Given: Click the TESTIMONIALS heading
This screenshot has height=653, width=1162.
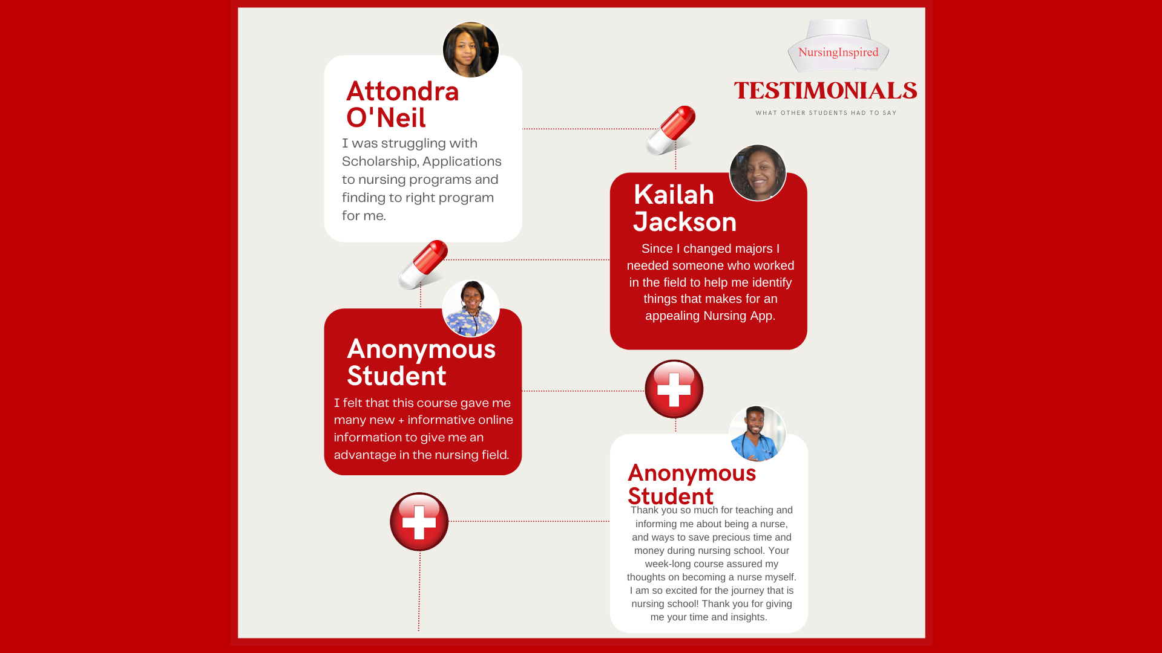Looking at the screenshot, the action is pyautogui.click(x=826, y=91).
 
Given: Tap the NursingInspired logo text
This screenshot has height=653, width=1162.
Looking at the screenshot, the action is pyautogui.click(x=838, y=53).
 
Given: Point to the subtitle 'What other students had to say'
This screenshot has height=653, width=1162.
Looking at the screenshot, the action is pyautogui.click(x=826, y=113).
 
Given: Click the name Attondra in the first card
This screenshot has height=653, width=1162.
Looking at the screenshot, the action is pyautogui.click(x=402, y=91).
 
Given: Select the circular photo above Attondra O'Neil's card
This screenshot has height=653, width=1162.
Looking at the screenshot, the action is pyautogui.click(x=471, y=50).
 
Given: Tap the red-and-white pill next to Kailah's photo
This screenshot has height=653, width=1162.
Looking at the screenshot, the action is pyautogui.click(x=671, y=130).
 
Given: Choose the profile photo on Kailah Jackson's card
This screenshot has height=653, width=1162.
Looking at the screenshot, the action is pyautogui.click(x=758, y=173).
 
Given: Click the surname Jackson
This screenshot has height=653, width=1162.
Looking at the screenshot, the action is pyautogui.click(x=685, y=222).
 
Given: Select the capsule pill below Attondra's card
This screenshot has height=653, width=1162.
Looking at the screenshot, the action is pyautogui.click(x=423, y=265).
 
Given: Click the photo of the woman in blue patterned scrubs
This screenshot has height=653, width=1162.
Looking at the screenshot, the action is pyautogui.click(x=471, y=308).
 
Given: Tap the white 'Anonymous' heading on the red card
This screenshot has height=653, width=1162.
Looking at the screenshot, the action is pyautogui.click(x=421, y=349).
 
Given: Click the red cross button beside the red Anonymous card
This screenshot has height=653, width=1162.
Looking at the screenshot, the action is pyautogui.click(x=674, y=389).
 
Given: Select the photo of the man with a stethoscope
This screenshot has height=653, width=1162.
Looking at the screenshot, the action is pyautogui.click(x=758, y=434).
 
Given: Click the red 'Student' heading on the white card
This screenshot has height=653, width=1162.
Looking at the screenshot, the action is pyautogui.click(x=671, y=496).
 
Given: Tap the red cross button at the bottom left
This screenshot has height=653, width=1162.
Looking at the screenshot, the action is pyautogui.click(x=419, y=522).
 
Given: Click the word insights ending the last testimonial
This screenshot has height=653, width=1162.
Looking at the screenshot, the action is pyautogui.click(x=749, y=617).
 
